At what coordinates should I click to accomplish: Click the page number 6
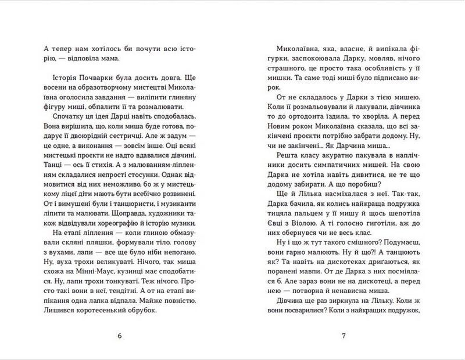point(120,336)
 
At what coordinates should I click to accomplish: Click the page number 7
point(344,336)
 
